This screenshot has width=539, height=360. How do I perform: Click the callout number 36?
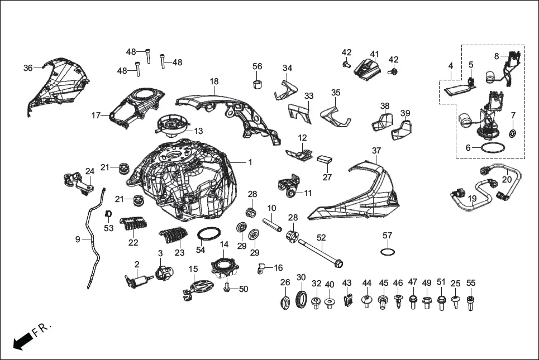tap(28, 68)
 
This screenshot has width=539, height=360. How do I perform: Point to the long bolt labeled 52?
tap(321, 252)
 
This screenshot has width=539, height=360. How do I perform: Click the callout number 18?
tap(214, 81)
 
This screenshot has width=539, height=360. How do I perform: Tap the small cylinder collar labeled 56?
tap(257, 84)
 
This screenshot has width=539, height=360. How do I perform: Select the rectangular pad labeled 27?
tap(325, 159)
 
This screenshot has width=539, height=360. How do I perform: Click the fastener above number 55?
tap(470, 304)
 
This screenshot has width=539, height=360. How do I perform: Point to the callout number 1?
tap(250, 162)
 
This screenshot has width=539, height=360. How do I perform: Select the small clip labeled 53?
tap(109, 214)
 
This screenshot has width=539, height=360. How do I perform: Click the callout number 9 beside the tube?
tap(78, 239)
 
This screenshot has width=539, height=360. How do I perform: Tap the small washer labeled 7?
tap(513, 133)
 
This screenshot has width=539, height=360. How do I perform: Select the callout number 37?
tap(376, 151)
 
